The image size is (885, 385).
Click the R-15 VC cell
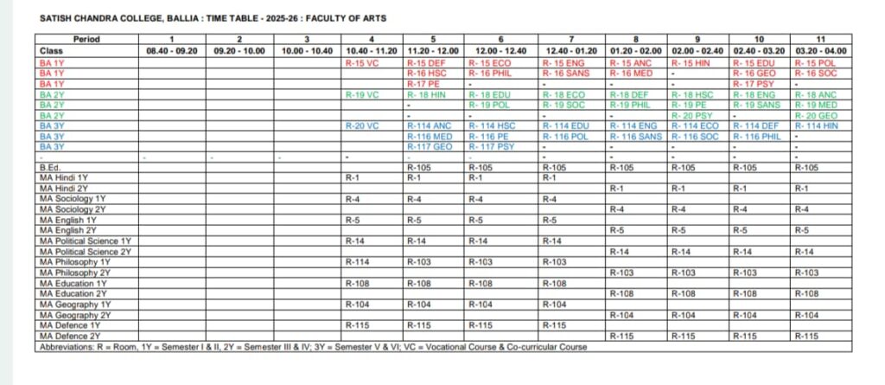[x=362, y=63]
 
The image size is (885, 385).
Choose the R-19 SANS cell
[x=751, y=105]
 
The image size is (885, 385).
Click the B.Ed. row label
[x=52, y=167]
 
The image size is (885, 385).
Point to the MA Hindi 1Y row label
[x=65, y=176]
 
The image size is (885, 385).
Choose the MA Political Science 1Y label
[x=85, y=240]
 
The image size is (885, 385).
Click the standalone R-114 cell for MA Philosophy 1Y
[x=357, y=261]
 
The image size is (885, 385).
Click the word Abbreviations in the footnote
[x=67, y=347]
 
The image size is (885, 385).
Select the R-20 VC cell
[x=362, y=125]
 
